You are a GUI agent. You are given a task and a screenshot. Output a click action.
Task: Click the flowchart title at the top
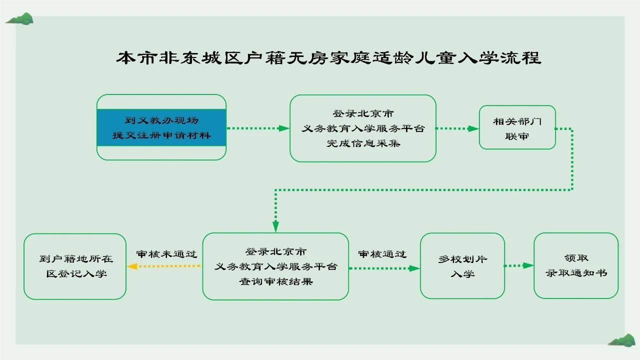(328, 57)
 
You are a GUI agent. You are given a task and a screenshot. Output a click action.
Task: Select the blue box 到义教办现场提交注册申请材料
(161, 127)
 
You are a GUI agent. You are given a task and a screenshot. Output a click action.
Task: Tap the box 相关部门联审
(517, 127)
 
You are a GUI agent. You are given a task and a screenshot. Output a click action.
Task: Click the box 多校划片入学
(462, 266)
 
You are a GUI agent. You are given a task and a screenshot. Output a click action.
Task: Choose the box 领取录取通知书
(576, 265)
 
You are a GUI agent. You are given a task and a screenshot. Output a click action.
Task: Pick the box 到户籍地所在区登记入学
(75, 266)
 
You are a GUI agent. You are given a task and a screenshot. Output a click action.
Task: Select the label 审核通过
(382, 254)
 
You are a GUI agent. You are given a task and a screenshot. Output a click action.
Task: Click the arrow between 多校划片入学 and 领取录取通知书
(519, 265)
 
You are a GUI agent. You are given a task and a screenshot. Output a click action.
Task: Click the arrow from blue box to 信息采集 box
(258, 128)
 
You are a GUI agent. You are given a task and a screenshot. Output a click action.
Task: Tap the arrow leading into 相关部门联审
(457, 128)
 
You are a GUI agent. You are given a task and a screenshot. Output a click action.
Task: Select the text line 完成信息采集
(363, 143)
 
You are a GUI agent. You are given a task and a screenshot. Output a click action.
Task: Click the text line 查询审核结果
(275, 281)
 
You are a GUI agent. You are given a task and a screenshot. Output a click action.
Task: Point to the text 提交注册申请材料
(161, 135)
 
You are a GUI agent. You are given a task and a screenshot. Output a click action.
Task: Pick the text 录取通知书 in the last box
(576, 273)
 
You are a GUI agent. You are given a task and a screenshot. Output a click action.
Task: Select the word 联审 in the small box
(517, 136)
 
